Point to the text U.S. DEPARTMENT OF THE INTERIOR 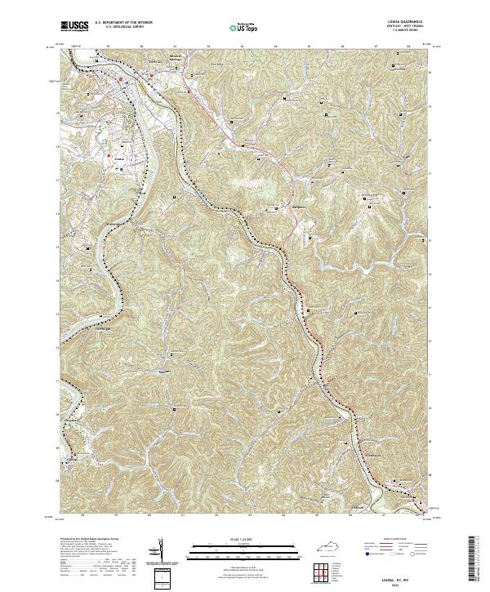click(x=123, y=22)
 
